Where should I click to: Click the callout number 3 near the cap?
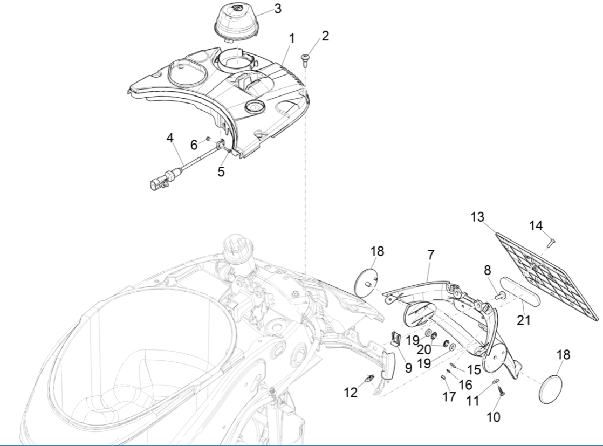click(277, 9)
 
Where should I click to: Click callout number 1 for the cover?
click(292, 39)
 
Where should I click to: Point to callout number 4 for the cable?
click(170, 138)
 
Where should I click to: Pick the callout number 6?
click(194, 145)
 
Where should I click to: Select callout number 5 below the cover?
click(221, 172)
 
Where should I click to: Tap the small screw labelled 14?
click(550, 243)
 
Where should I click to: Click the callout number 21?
click(523, 320)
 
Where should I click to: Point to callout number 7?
click(430, 255)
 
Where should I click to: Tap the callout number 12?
click(351, 393)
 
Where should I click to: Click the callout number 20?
click(423, 349)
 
